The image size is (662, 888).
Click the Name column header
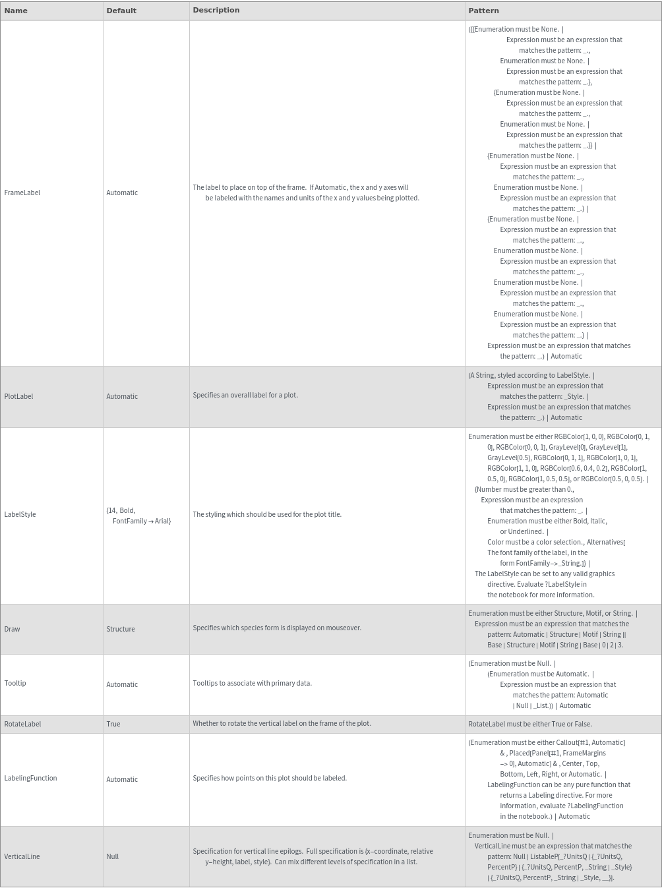pyautogui.click(x=16, y=11)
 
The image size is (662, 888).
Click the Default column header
pyautogui.click(x=121, y=11)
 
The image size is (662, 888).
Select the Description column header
pyautogui.click(x=216, y=11)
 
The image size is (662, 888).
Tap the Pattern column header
pyautogui.click(x=483, y=11)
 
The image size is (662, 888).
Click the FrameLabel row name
pyautogui.click(x=22, y=192)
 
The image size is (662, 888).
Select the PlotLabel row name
pyautogui.click(x=18, y=396)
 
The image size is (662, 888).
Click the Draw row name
pyautogui.click(x=12, y=629)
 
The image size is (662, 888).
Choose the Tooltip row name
pyautogui.click(x=15, y=683)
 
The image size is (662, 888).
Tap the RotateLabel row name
pyautogui.click(x=22, y=724)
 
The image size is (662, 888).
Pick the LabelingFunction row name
pyautogui.click(x=30, y=778)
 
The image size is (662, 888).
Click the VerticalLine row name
pyautogui.click(x=22, y=856)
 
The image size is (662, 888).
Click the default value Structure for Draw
pyautogui.click(x=121, y=629)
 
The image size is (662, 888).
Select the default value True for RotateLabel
pyautogui.click(x=113, y=724)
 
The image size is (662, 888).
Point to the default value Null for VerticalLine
pyautogui.click(x=113, y=856)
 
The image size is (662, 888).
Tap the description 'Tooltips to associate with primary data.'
pyautogui.click(x=252, y=683)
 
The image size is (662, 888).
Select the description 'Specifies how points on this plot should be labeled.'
pyautogui.click(x=270, y=778)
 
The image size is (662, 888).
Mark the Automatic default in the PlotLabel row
pyautogui.click(x=122, y=396)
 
